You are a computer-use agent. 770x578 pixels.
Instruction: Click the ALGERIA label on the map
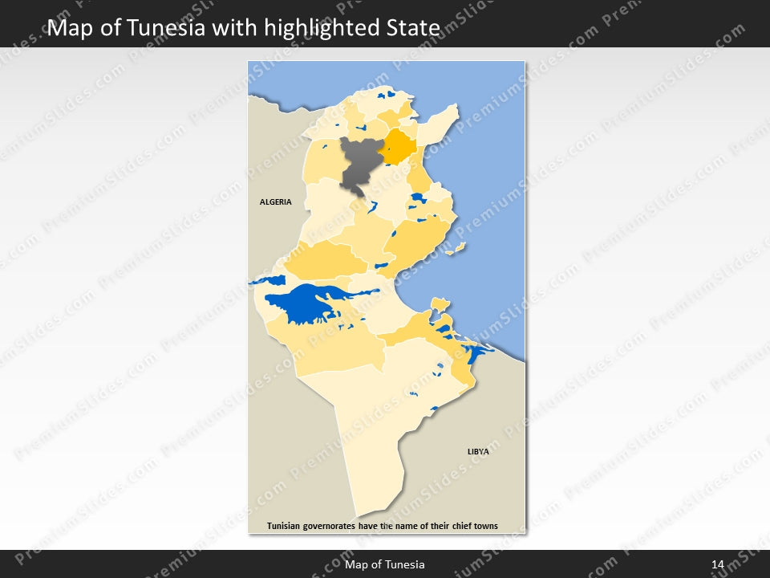pyautogui.click(x=275, y=201)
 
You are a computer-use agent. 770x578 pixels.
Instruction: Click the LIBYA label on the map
pyautogui.click(x=478, y=452)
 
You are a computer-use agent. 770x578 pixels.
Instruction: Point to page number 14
pyautogui.click(x=717, y=565)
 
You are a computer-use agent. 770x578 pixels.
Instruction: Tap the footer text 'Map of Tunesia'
pyautogui.click(x=385, y=565)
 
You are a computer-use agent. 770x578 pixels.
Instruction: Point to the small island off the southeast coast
pyautogui.click(x=440, y=303)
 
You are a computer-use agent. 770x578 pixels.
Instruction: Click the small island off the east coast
pyautogui.click(x=458, y=250)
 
